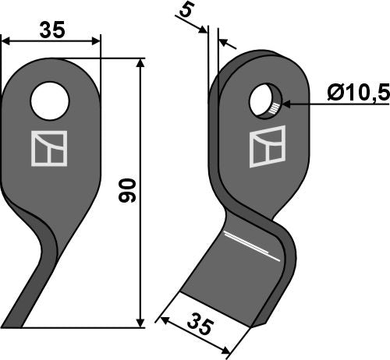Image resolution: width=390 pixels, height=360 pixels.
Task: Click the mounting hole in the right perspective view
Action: click(264, 102)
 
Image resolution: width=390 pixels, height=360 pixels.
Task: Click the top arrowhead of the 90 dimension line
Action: click(140, 62)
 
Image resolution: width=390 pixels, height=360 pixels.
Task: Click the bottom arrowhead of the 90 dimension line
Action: click(140, 322)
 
